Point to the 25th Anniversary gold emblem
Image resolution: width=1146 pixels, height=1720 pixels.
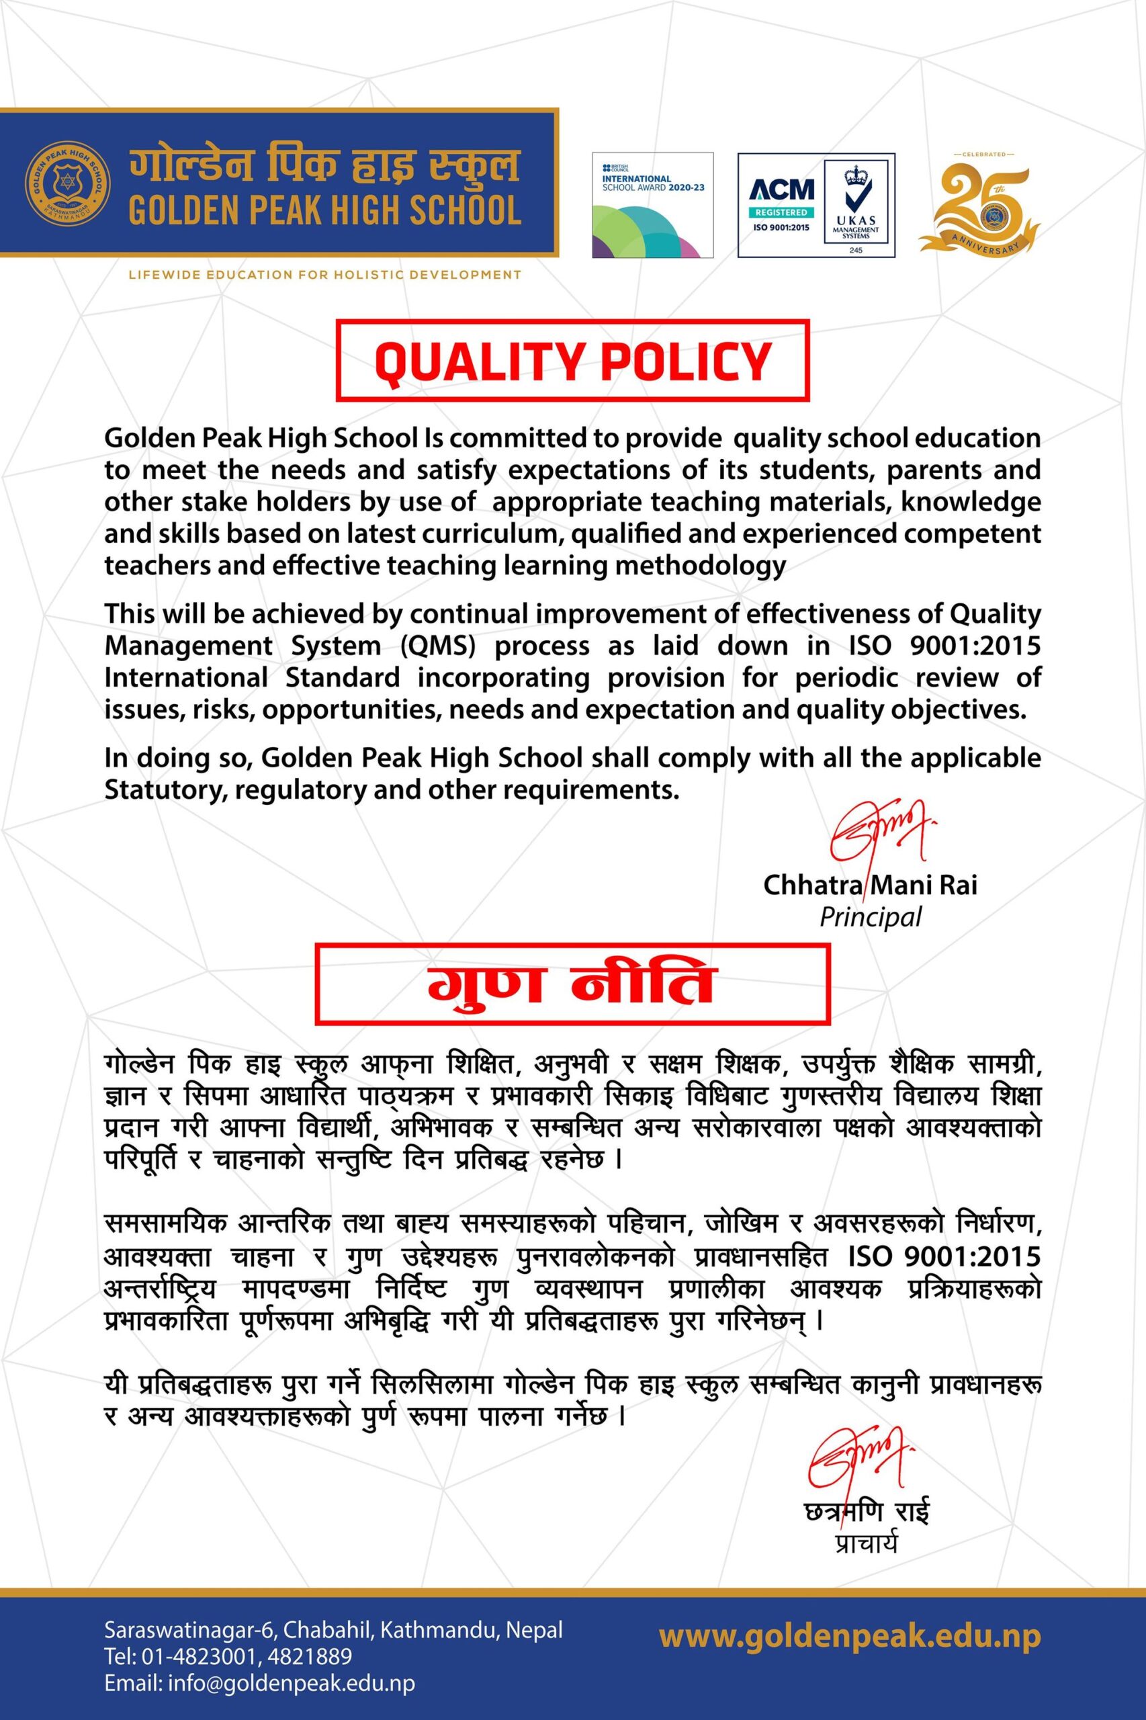[x=978, y=203]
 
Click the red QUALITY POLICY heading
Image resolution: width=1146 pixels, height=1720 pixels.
[x=572, y=361]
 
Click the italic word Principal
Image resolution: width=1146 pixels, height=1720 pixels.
[x=871, y=916]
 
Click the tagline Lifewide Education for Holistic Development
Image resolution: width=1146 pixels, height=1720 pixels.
[x=324, y=275]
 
